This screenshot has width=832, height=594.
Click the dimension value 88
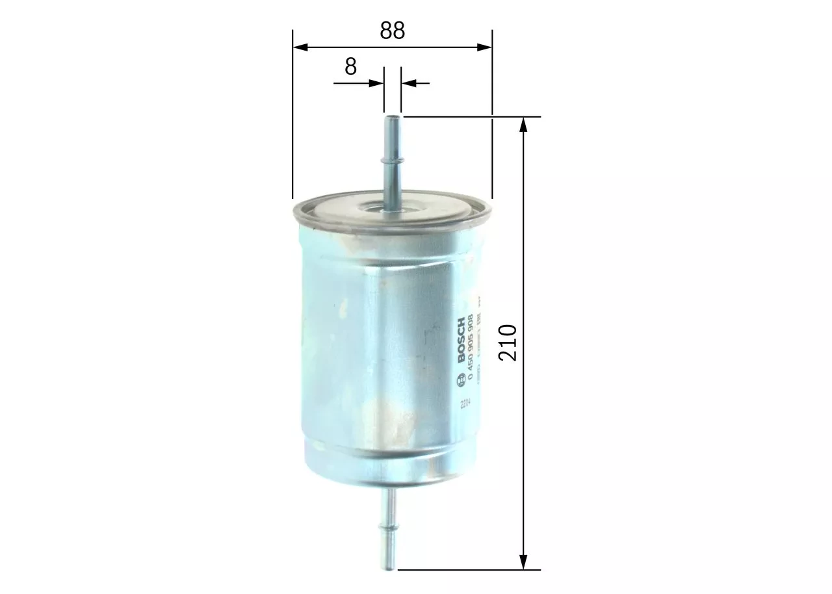pyautogui.click(x=392, y=31)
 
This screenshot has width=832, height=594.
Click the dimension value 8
pyautogui.click(x=351, y=66)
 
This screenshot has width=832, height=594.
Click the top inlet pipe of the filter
pyautogui.click(x=392, y=162)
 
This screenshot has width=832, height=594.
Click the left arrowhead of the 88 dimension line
pyautogui.click(x=300, y=47)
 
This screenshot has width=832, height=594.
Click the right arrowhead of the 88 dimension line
pyautogui.click(x=485, y=47)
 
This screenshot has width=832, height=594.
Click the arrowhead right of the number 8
pyautogui.click(x=376, y=83)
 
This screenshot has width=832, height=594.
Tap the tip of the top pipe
pyautogui.click(x=393, y=118)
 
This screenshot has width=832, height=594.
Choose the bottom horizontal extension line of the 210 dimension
pyautogui.click(x=468, y=570)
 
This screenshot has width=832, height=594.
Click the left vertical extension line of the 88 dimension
pyautogui.click(x=292, y=117)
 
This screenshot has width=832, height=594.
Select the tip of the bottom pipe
pyautogui.click(x=389, y=568)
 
